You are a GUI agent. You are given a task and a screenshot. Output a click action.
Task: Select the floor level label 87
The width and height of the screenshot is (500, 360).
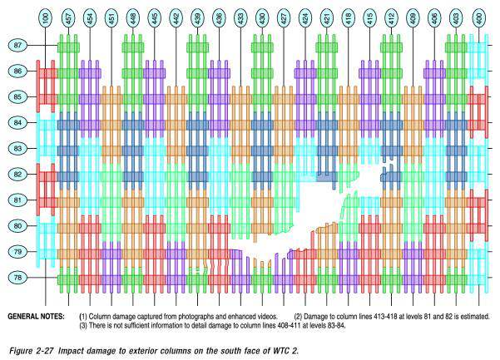click(17, 45)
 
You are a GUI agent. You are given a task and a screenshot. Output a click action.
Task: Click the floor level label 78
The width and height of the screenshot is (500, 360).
click(17, 278)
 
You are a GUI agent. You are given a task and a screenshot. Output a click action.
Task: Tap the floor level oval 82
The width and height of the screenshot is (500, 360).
click(17, 175)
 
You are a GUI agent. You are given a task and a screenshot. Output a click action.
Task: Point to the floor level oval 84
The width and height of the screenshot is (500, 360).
click(17, 123)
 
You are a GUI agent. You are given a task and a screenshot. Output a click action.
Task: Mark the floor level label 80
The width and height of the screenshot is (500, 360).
click(17, 226)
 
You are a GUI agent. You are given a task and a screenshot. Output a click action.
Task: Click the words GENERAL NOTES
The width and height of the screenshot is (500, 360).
click(36, 317)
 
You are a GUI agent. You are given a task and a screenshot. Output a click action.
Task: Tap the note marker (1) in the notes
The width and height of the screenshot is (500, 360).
click(83, 317)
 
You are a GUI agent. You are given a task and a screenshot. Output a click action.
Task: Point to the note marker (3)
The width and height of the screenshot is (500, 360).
click(83, 326)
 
